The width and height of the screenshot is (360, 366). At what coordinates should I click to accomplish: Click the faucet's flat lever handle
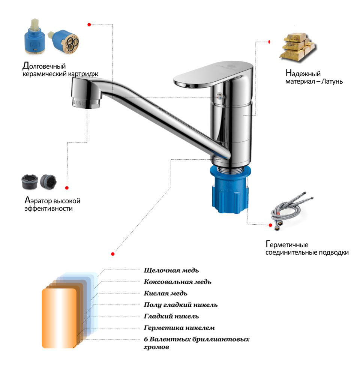pos(213,74)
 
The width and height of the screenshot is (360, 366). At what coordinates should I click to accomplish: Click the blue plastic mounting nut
pos(230,189)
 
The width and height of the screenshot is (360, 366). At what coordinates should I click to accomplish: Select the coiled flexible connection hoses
pos(291,211)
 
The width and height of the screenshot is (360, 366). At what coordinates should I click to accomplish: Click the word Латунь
pos(332,81)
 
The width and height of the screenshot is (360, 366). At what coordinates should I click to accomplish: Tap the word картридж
pos(83,74)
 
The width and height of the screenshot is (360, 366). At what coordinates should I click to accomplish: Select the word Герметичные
pos(287,244)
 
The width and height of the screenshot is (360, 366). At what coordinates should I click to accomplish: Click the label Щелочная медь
pos(171,270)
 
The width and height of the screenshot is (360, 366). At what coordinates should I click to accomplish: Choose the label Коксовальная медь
pos(177,282)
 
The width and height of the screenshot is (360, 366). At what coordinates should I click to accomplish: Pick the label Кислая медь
pos(165,293)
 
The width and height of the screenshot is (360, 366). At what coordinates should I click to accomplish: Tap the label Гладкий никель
pos(171,316)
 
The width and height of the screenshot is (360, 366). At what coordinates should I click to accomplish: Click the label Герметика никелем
pos(179,328)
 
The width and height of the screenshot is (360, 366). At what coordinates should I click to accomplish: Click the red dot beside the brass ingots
pos(269,42)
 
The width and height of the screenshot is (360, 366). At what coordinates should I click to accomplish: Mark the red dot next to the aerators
pos(67,188)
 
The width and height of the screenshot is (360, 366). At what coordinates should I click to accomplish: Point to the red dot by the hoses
pos(270,225)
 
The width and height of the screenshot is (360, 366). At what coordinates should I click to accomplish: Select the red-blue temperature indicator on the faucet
pos(219,96)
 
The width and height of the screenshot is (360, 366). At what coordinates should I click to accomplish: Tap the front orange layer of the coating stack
pos(59,318)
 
